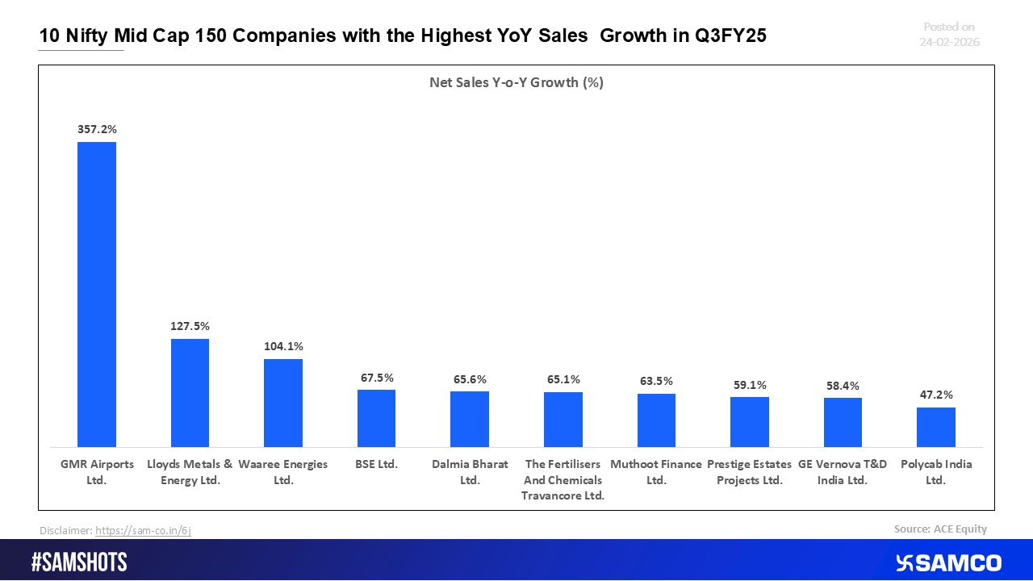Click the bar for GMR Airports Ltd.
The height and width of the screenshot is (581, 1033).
(97, 295)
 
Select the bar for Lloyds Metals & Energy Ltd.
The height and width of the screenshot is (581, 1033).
(190, 393)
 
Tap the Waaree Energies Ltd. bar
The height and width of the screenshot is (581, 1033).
(283, 403)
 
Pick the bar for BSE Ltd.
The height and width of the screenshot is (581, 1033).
(376, 418)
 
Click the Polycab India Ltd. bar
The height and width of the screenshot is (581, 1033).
(936, 427)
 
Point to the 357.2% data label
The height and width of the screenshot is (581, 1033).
(97, 128)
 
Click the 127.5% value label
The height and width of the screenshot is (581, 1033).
(190, 326)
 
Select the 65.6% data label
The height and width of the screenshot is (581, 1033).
(470, 378)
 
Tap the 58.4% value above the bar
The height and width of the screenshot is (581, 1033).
(843, 386)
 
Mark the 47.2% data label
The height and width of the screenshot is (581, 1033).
(936, 395)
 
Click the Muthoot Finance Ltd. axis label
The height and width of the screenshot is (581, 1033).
(656, 472)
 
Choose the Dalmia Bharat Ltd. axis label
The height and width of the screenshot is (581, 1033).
(470, 472)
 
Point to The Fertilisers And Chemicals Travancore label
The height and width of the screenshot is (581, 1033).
(563, 480)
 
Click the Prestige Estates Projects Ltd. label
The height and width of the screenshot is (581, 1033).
(749, 472)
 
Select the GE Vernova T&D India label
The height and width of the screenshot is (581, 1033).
(843, 472)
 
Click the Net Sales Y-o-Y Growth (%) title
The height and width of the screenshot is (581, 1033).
(516, 82)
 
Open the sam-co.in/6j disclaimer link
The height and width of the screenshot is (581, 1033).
(143, 530)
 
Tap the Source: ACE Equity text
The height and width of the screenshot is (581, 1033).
(940, 529)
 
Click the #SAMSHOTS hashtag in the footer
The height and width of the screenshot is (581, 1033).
(79, 562)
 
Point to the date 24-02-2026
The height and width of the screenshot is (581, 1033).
(949, 42)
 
